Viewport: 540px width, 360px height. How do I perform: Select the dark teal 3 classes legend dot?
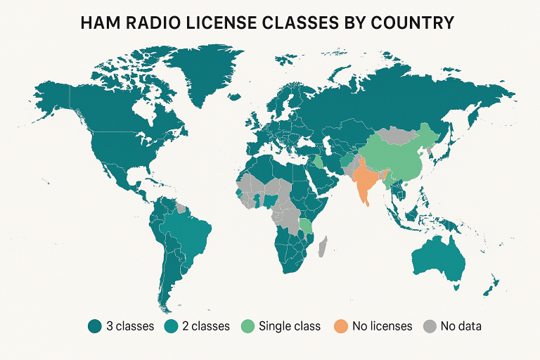tap(94, 326)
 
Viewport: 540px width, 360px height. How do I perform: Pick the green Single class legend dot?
tap(247, 326)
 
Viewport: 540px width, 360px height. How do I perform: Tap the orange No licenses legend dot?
tap(341, 326)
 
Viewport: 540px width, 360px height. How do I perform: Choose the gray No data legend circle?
tap(430, 326)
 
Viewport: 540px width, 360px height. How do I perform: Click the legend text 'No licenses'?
tap(380, 326)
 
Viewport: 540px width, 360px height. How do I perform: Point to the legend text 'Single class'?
tap(289, 326)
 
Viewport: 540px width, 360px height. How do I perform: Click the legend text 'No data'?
tap(461, 326)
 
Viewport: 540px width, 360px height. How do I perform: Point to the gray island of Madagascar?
tap(323, 247)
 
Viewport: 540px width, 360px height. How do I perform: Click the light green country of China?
tap(397, 158)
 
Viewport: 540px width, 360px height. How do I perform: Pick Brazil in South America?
tap(190, 232)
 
